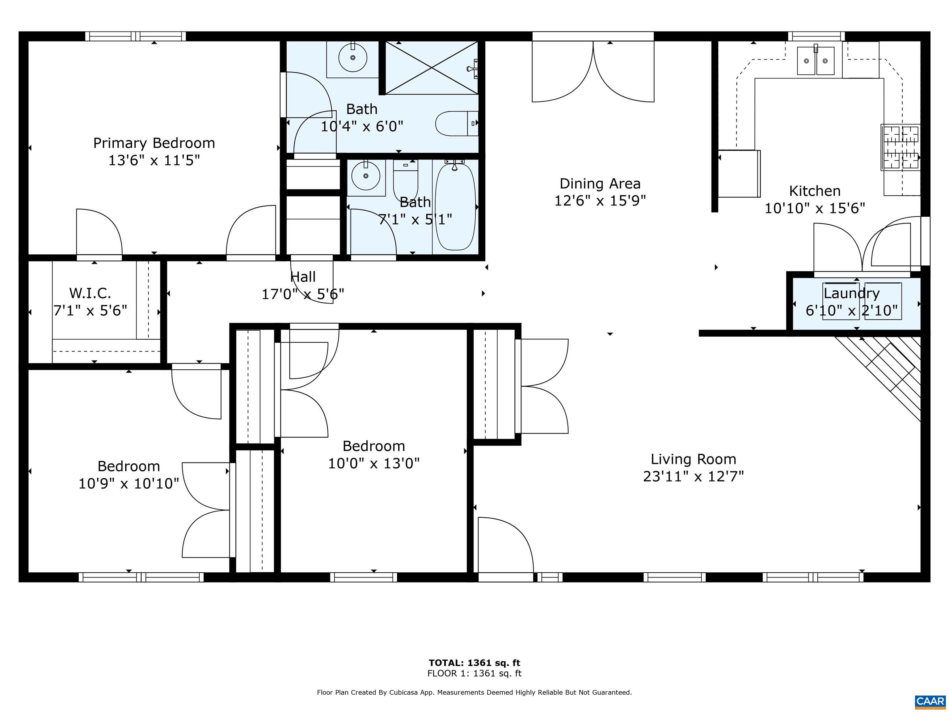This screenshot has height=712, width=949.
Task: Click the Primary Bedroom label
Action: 154,143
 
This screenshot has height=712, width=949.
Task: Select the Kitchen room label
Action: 815,191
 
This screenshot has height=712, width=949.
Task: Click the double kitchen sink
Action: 816,61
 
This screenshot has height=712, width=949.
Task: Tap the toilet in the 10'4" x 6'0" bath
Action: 457,124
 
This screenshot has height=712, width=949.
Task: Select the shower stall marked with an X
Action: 432,67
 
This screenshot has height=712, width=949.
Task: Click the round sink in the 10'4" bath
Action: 353,58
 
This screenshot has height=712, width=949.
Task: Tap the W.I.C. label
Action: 90,294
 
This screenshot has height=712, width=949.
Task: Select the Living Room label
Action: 693,459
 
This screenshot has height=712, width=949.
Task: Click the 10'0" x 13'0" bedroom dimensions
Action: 374,464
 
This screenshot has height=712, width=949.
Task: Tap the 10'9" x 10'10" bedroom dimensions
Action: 129,484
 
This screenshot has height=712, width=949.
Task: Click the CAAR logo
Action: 930,701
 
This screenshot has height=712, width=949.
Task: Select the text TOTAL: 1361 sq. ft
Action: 474,663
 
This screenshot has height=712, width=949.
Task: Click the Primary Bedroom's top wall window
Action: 136,36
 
